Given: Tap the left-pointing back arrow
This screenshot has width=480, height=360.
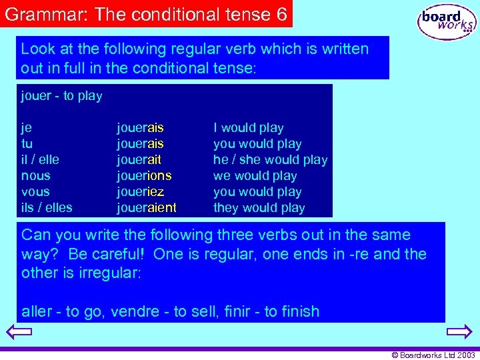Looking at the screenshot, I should [x=19, y=331].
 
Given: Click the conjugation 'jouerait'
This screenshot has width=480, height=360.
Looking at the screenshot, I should [x=139, y=160].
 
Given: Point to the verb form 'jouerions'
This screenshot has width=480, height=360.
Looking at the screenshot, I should [x=144, y=176].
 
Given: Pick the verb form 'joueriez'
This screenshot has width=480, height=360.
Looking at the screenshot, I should [x=141, y=192].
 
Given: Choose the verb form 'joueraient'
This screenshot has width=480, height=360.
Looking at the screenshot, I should [x=147, y=208].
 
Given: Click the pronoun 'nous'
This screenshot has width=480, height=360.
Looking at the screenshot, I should [x=35, y=176].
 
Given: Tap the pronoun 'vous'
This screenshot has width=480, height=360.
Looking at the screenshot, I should [x=35, y=192].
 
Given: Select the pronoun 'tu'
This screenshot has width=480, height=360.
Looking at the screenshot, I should [x=27, y=144].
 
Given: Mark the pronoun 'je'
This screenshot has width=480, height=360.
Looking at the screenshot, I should [x=27, y=128].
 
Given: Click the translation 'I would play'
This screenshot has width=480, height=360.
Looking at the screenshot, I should [x=248, y=128].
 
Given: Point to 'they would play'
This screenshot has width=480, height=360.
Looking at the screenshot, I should [x=259, y=208].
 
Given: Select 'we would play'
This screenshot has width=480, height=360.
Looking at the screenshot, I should [x=255, y=176].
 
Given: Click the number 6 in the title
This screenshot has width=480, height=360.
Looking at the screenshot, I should [x=280, y=15].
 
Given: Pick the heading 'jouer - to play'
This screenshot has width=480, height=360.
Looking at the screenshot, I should [x=61, y=96].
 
